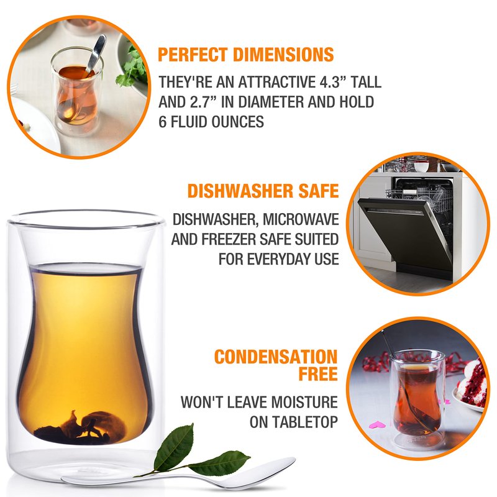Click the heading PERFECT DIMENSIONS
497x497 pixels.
(245, 55)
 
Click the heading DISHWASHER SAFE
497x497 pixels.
(263, 191)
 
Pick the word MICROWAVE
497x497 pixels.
(301, 219)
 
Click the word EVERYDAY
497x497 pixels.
(279, 259)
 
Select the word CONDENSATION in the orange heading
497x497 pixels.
(276, 357)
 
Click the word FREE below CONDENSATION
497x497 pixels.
(318, 374)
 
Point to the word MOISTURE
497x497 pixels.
(304, 402)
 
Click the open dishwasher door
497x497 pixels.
(406, 233)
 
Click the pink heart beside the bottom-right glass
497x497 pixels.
(377, 424)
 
